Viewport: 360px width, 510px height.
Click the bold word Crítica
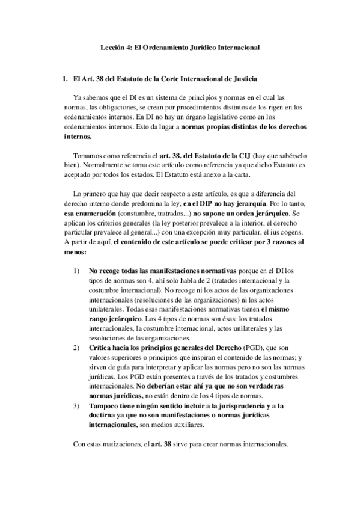tap(100, 348)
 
